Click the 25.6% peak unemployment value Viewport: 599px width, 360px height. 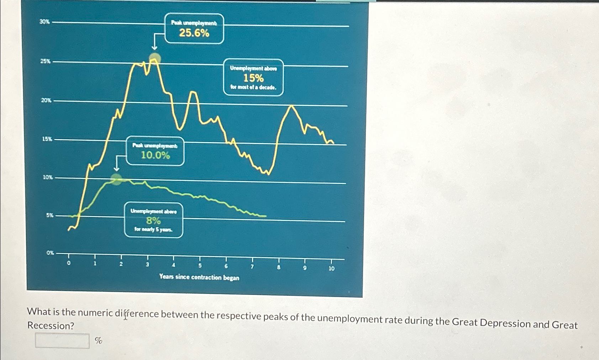(194, 33)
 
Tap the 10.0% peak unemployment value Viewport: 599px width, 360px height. (156, 155)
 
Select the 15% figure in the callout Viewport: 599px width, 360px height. (253, 78)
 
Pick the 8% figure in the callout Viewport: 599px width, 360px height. (153, 221)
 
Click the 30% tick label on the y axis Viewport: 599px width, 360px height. (44, 22)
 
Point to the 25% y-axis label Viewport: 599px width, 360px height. (45, 61)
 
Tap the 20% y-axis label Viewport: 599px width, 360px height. (46, 100)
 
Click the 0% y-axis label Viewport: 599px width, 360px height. (50, 253)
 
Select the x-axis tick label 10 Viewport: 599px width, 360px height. (331, 269)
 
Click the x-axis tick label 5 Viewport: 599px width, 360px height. (200, 266)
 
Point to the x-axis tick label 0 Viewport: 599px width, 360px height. (69, 263)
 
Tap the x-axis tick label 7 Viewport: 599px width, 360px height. (252, 267)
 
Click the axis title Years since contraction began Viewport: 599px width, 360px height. (199, 277)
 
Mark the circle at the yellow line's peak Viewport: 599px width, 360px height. (155, 58)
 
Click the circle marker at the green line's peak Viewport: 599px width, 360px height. (116, 179)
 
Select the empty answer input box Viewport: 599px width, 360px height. (62, 341)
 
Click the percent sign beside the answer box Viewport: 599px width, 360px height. (99, 341)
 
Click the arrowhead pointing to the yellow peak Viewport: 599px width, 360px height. (154, 48)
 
